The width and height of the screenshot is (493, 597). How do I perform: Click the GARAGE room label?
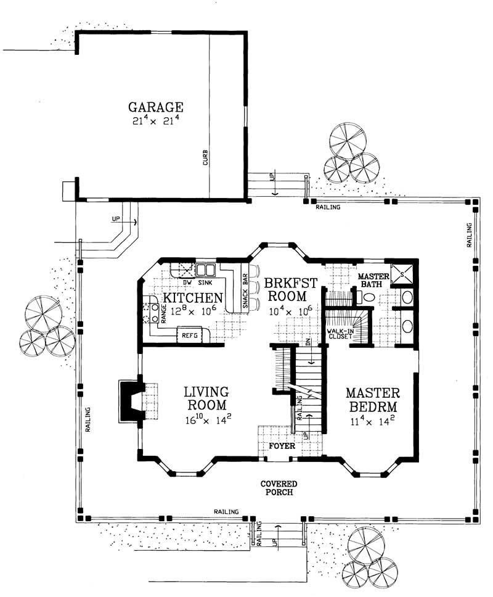coord(156,105)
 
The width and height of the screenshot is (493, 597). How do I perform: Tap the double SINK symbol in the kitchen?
coord(205,270)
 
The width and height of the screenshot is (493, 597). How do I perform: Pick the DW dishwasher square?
coord(183,270)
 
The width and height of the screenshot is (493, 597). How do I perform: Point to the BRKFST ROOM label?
coord(291,290)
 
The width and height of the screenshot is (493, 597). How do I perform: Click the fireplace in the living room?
coord(130,401)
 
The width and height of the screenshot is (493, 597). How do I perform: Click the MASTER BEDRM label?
coord(373,400)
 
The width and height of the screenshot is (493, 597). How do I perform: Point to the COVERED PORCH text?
coord(279,488)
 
